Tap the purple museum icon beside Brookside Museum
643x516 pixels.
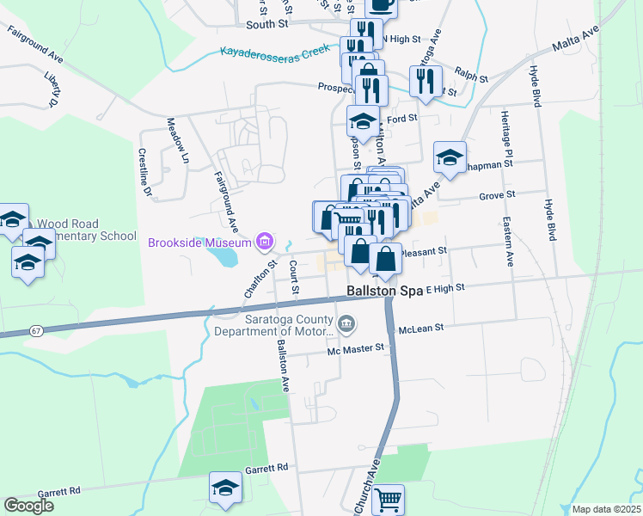pos(265,241)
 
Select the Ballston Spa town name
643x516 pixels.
pos(384,291)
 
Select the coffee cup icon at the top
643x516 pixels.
pos(382,5)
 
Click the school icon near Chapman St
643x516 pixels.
pos(450,157)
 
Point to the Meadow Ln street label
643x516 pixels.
pos(177,140)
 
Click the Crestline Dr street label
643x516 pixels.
pos(144,173)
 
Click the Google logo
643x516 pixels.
pos(28,506)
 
